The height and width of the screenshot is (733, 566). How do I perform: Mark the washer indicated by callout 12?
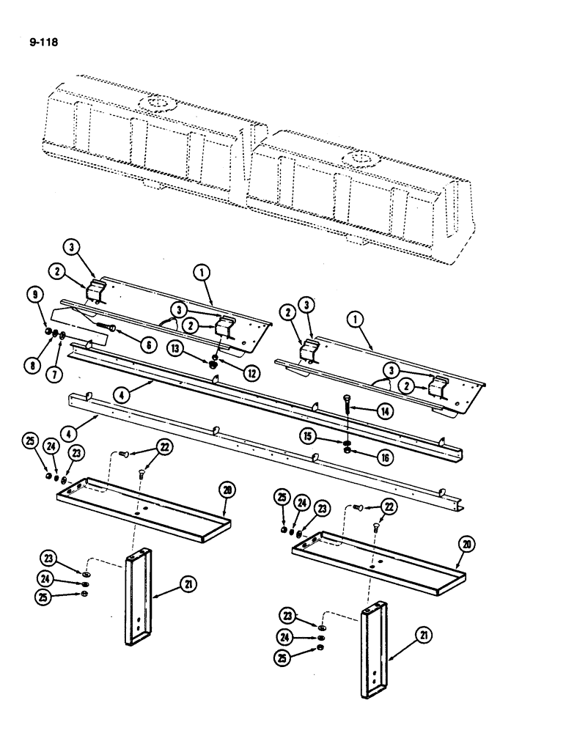click(x=213, y=359)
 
